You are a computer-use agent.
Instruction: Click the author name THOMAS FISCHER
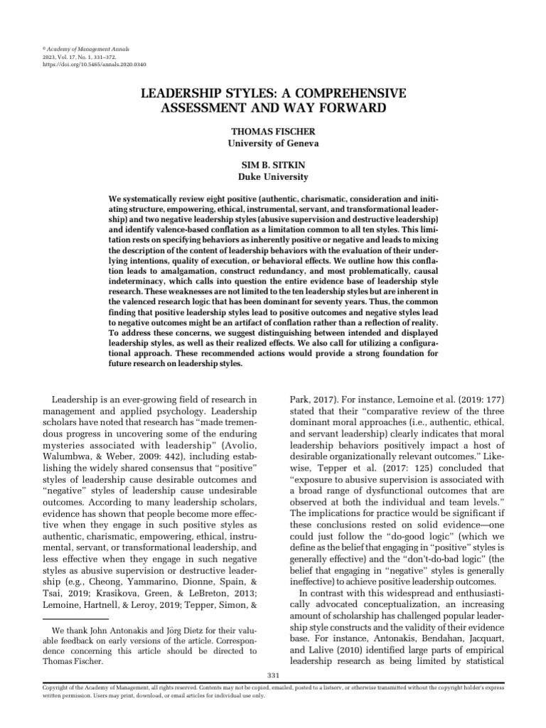pyautogui.click(x=273, y=132)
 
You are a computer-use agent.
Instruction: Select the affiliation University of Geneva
pyautogui.click(x=273, y=143)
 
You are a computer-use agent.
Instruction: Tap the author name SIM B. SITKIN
pyautogui.click(x=273, y=164)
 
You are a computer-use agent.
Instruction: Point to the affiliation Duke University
pyautogui.click(x=273, y=176)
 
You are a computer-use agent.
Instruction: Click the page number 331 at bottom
pyautogui.click(x=272, y=674)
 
